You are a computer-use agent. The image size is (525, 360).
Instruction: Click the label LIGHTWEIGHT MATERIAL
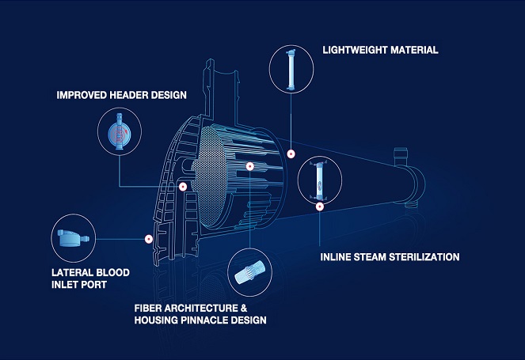[380, 50]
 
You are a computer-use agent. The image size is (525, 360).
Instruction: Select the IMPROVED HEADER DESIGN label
[121, 95]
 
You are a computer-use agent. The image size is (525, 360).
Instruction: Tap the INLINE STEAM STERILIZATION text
[390, 257]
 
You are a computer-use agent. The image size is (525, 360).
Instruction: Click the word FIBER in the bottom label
[147, 305]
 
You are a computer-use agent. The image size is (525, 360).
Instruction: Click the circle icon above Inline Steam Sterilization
[320, 180]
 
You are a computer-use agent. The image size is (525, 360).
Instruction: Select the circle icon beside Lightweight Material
[290, 66]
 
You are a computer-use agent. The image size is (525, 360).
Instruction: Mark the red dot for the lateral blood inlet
[148, 238]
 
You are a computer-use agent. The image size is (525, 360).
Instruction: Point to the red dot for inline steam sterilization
[319, 207]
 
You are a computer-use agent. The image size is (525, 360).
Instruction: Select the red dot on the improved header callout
[183, 187]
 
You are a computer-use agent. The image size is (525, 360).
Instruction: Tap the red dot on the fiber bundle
[249, 167]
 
